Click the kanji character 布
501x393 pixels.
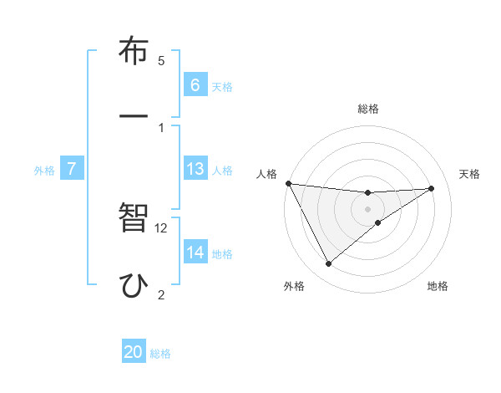point(133,53)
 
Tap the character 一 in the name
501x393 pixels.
point(133,117)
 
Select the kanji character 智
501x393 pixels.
point(133,220)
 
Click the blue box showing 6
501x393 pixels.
point(195,85)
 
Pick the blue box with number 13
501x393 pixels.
point(195,170)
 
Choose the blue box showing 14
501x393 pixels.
point(195,253)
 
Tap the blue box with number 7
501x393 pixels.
point(72,170)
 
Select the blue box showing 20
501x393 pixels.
point(134,352)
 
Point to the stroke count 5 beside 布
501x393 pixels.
point(161,61)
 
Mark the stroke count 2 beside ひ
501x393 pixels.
point(161,293)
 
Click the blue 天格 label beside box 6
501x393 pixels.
point(222,86)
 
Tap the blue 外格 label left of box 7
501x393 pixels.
point(44,171)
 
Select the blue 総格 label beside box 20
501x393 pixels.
point(160,354)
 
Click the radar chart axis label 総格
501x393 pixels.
point(368,109)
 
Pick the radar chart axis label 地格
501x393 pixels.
point(438,286)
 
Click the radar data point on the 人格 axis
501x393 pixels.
point(288,183)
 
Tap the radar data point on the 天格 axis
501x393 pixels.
point(432,188)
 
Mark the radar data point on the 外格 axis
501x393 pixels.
point(328,264)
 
